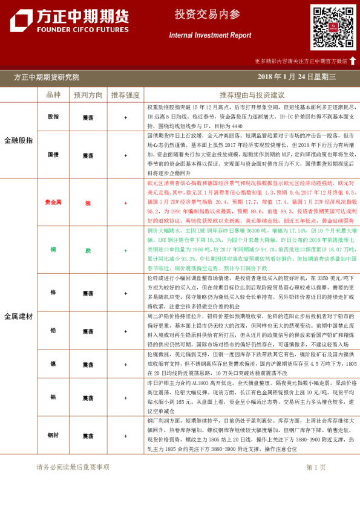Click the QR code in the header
coord(333,27)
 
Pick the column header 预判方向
coord(88,95)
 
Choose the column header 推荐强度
coord(125,95)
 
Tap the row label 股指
coord(53,117)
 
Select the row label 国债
coord(53,155)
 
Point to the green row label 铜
coord(53,250)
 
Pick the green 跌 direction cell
coord(88,250)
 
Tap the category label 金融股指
coord(19,140)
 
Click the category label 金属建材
coord(19,316)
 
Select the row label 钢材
coord(53,436)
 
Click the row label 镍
coord(53,365)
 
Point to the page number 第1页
coord(316,467)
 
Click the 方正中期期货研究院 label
coord(47,77)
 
